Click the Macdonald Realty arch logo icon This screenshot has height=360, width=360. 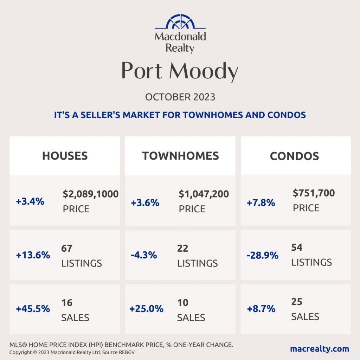tap(180, 21)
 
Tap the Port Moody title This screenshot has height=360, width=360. tap(180, 71)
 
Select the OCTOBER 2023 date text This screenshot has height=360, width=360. tap(180, 97)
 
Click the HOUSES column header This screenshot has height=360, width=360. tap(65, 156)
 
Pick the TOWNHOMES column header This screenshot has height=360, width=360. tap(180, 156)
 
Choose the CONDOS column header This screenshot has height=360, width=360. tap(294, 156)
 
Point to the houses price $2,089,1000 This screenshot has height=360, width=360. tap(91, 194)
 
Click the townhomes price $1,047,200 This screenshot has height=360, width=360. tap(204, 194)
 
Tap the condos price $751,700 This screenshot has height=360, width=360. tap(314, 193)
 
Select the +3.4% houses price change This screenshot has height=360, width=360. tap(30, 201)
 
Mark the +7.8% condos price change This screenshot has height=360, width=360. tap(261, 203)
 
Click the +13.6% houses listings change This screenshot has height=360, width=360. tap(33, 255)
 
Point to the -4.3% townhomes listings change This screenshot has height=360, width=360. tap(144, 255)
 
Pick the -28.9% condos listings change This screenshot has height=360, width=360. tap(262, 255)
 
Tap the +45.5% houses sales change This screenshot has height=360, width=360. tap(33, 309)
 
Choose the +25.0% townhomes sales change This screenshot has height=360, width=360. tap(147, 309)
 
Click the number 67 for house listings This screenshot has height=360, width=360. tap(67, 248)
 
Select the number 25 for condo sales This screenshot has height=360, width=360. tap(297, 302)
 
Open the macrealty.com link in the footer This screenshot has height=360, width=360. tap(320, 349)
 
